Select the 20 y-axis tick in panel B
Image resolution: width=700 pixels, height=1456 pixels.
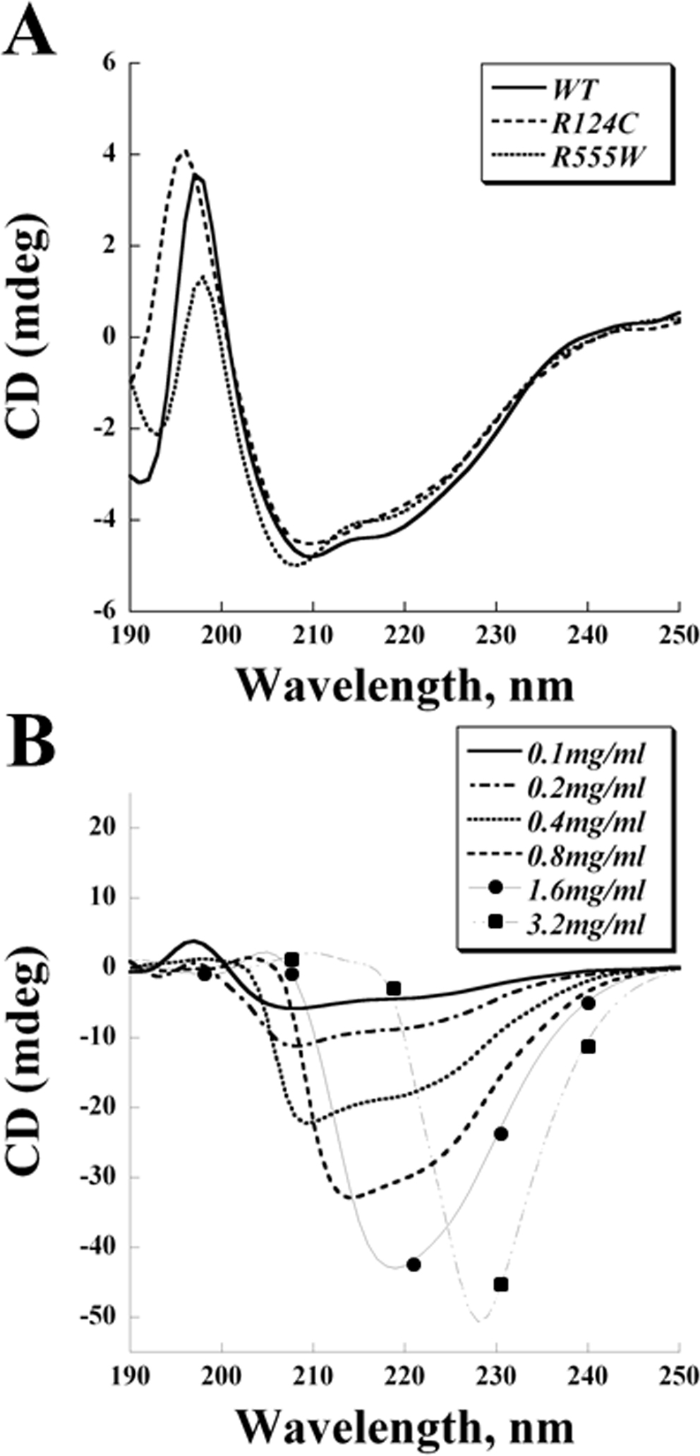point(107,829)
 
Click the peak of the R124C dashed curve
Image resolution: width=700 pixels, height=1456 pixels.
point(185,151)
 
